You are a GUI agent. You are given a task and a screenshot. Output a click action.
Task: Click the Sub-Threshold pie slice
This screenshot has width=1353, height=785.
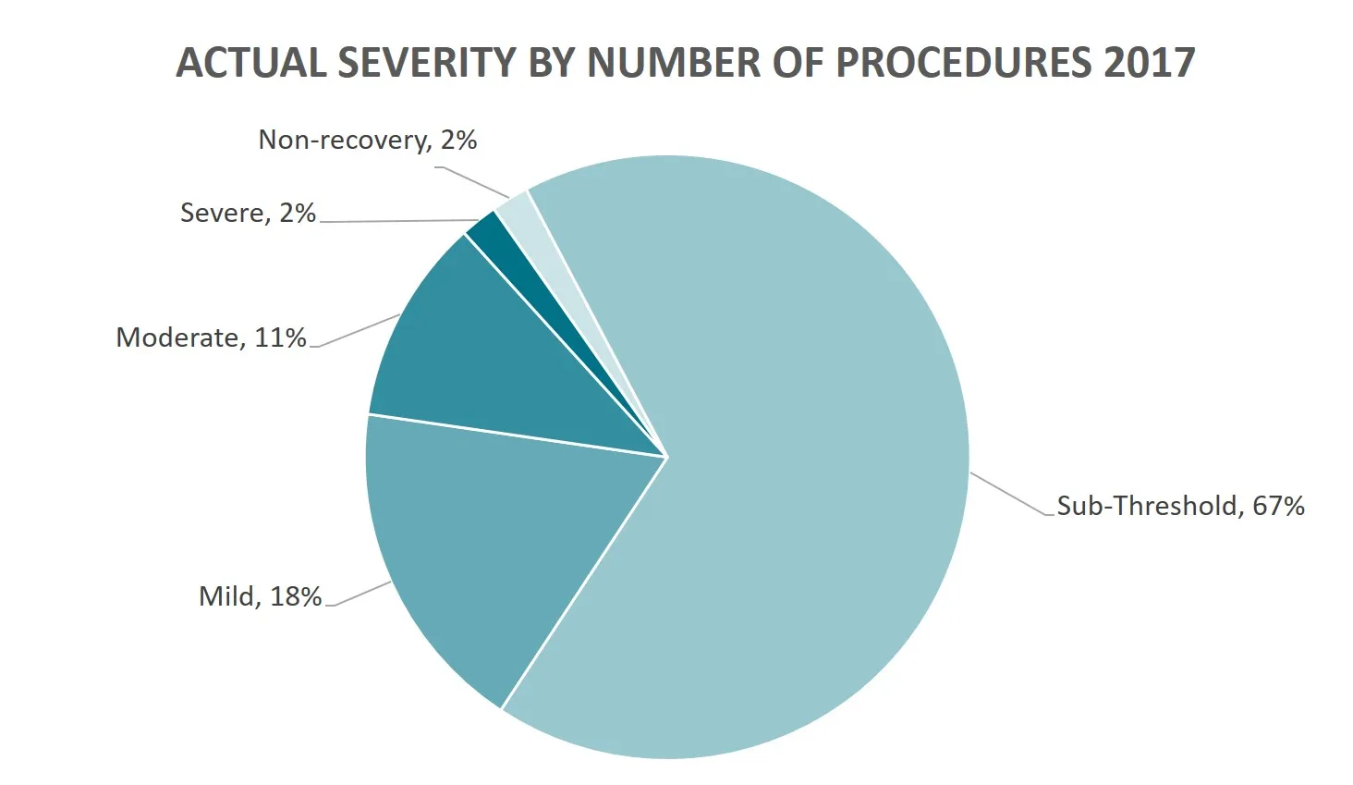point(786,462)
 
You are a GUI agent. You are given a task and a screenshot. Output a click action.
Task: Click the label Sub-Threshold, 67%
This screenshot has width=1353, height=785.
point(1180,506)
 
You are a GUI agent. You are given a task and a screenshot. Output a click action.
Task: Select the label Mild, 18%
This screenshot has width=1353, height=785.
point(260,596)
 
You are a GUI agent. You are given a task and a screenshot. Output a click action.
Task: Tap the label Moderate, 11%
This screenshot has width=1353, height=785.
point(211,337)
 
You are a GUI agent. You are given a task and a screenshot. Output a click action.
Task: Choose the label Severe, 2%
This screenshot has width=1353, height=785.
point(248,213)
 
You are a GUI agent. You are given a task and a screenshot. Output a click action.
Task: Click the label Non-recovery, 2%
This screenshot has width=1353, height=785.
point(367,140)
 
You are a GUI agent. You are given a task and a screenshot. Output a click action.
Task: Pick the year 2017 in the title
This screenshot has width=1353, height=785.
point(1149,63)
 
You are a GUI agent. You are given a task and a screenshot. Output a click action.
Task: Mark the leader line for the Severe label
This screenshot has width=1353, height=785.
point(397,221)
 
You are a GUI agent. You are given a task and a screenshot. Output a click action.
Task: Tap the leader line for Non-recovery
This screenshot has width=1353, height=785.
point(476,181)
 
